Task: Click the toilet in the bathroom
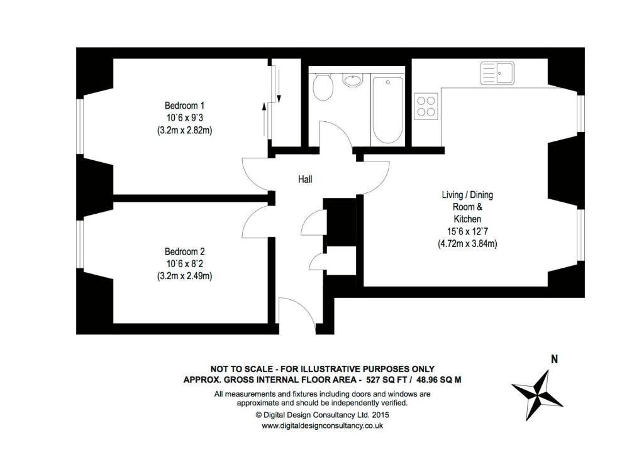323,87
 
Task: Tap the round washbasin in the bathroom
353,80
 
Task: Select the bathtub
387,110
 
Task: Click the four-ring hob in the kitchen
426,104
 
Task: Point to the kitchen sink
498,73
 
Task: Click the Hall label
305,179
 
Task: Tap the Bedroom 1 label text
185,105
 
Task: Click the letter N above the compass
554,360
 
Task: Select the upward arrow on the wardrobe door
264,117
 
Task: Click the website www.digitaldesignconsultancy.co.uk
322,425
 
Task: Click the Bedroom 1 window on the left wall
80,126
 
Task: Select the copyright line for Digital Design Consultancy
322,415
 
